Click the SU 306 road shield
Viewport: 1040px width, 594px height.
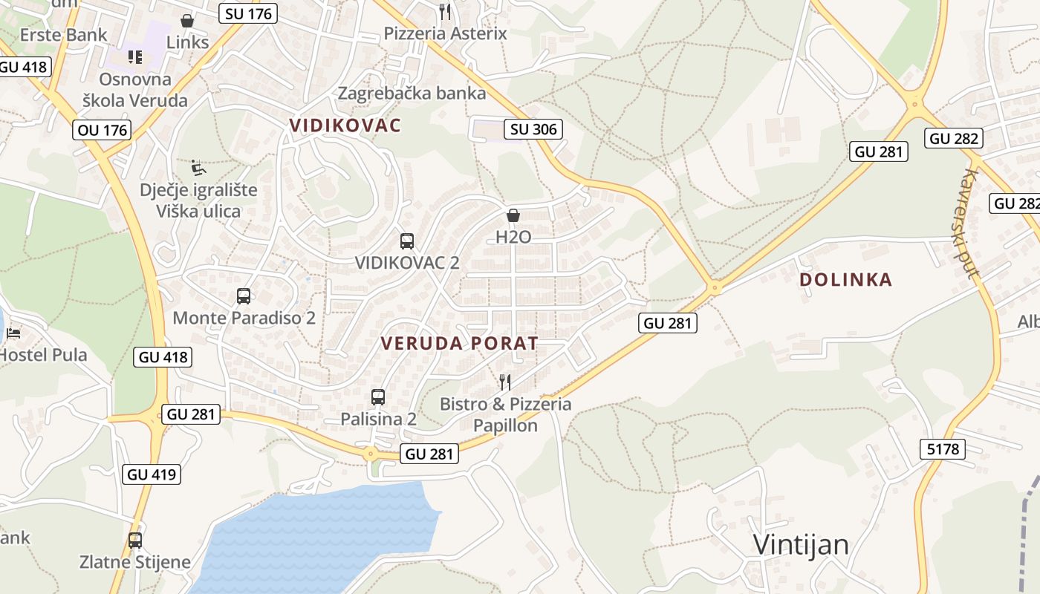[x=533, y=129]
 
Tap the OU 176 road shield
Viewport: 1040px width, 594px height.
[x=103, y=131]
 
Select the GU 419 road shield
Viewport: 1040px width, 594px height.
[x=153, y=474]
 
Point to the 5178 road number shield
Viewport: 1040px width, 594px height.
[x=943, y=448]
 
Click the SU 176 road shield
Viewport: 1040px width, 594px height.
[x=248, y=13]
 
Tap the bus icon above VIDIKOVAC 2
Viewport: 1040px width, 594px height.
[x=407, y=241]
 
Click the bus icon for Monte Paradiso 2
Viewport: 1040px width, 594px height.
[x=244, y=296]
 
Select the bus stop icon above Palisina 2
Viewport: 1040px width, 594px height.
[x=378, y=397]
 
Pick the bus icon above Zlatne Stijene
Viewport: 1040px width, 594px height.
[x=135, y=541]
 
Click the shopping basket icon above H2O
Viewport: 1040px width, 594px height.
[x=513, y=216]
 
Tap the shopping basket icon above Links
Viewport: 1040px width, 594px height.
[x=187, y=20]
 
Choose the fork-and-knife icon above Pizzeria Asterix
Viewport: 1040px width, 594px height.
[x=445, y=11]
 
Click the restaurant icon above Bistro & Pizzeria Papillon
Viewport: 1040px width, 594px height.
[x=505, y=382]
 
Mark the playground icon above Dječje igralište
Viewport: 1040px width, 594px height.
[x=198, y=168]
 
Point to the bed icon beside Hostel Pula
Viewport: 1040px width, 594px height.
[x=13, y=333]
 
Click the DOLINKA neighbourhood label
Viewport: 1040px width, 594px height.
[x=845, y=280]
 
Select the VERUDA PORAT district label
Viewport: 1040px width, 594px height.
[x=459, y=343]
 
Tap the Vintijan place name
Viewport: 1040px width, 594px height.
[x=801, y=544]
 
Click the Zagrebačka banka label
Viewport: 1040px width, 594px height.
[x=412, y=94]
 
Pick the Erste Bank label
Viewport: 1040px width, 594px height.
[x=63, y=35]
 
